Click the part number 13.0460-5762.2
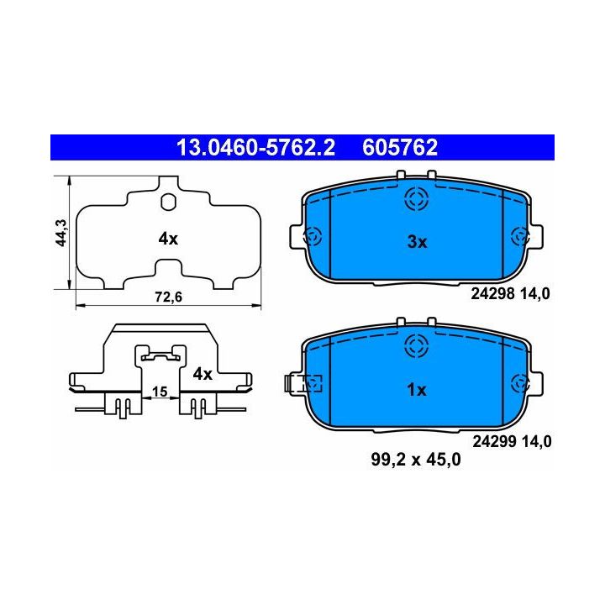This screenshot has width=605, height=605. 255,148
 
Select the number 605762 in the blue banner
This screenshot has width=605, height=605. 400,148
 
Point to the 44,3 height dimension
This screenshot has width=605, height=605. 61,233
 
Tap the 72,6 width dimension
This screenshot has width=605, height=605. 168,297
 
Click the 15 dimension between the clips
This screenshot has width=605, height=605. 160,392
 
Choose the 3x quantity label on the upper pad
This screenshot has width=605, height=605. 417,242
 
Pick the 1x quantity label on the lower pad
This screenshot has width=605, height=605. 416,390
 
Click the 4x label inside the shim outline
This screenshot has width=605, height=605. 168,239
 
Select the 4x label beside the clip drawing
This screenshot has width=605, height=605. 203,374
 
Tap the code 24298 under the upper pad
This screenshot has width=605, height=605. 492,294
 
